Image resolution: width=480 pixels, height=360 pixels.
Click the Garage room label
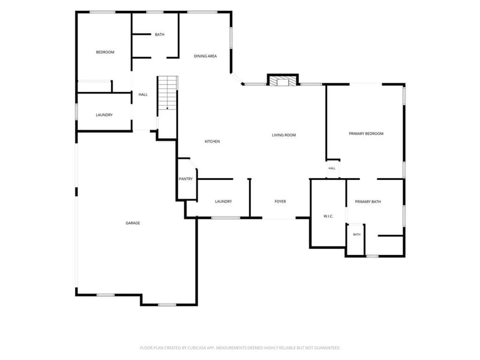pyautogui.click(x=133, y=223)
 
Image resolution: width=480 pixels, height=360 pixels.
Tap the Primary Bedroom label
pyautogui.click(x=366, y=134)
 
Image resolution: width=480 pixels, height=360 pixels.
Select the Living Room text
pyautogui.click(x=284, y=135)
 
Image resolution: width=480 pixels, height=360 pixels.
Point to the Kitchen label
pyautogui.click(x=212, y=142)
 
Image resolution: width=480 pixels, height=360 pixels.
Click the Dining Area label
pyautogui.click(x=205, y=56)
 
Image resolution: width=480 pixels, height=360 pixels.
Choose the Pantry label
pyautogui.click(x=186, y=179)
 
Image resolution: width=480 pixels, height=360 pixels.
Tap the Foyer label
pyautogui.click(x=280, y=202)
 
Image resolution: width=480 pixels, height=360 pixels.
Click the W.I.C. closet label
pyautogui.click(x=328, y=217)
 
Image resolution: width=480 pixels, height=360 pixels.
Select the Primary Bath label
pyautogui.click(x=368, y=202)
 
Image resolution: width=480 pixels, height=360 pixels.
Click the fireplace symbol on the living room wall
pyautogui.click(x=283, y=80)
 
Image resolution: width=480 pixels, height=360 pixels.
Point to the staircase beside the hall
pyautogui.click(x=167, y=93)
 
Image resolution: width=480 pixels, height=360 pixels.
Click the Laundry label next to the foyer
pyautogui.click(x=223, y=202)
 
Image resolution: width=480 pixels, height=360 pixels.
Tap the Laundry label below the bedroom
pyautogui.click(x=104, y=115)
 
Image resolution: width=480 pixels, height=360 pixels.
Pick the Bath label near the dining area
pyautogui.click(x=160, y=35)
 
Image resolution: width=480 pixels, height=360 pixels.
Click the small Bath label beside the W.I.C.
pyautogui.click(x=356, y=235)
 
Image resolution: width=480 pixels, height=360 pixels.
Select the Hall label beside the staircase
pyautogui.click(x=143, y=95)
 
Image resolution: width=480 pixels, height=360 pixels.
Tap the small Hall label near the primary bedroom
pyautogui.click(x=332, y=169)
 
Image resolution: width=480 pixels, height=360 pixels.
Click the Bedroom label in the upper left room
pyautogui.click(x=105, y=52)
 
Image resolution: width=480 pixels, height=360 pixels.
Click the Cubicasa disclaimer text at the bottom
pyautogui.click(x=240, y=348)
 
